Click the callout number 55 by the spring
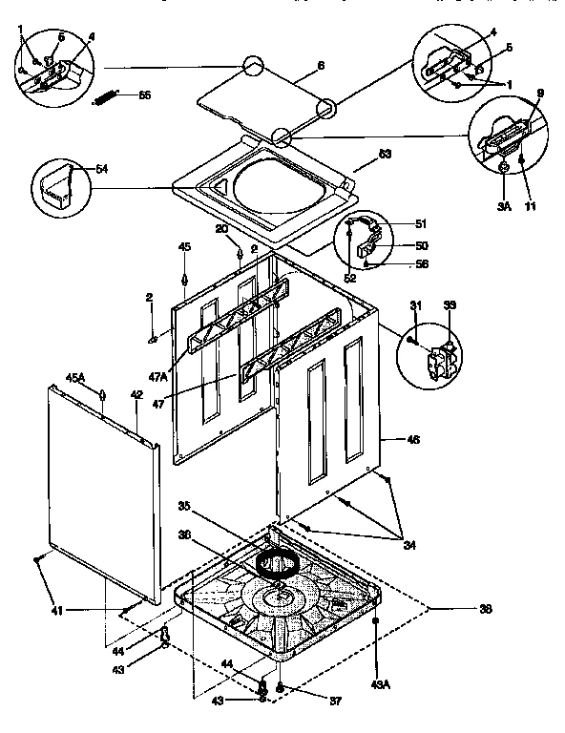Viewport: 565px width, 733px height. pos(144,95)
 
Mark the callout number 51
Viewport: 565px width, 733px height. pos(421,225)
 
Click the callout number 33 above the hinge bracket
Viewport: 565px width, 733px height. pos(449,304)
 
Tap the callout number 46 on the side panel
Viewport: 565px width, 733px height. pos(413,440)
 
